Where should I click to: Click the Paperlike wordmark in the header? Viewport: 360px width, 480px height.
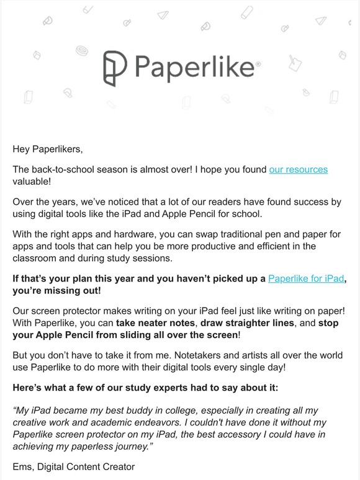tap(193, 68)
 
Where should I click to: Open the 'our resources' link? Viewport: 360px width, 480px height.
tap(298, 169)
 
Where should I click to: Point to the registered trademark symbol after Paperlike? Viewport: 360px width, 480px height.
tap(258, 64)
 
